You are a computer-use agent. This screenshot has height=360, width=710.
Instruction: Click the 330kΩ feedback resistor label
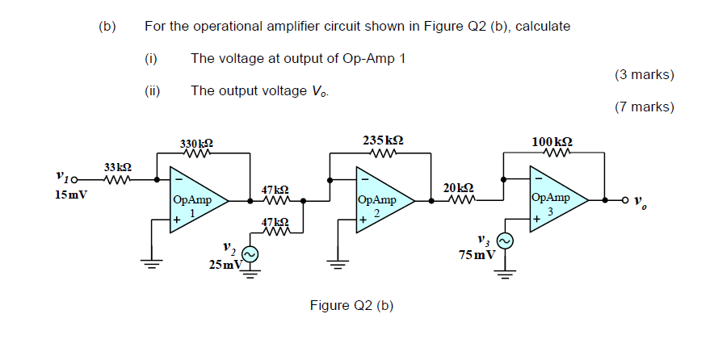[196, 143]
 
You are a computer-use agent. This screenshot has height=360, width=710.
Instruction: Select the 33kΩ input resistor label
[118, 167]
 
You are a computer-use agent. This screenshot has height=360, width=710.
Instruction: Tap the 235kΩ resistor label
[384, 140]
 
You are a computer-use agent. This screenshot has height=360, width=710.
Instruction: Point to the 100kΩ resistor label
[552, 141]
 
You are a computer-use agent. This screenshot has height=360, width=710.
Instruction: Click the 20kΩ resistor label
[458, 187]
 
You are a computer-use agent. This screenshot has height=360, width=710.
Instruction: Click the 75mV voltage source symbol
[505, 241]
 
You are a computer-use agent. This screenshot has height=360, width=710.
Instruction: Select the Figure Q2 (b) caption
[351, 305]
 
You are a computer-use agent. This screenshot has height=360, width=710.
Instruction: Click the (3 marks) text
[644, 75]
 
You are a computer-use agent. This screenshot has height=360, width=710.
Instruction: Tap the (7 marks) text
[644, 107]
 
